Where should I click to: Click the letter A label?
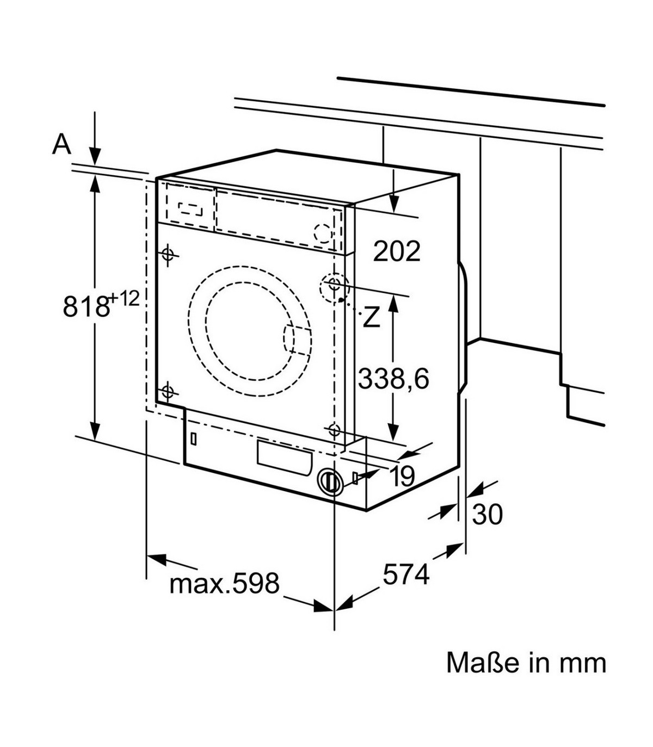click(x=62, y=144)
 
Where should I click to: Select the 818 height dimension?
click(x=85, y=306)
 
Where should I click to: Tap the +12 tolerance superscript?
click(x=124, y=298)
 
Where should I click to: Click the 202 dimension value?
click(x=397, y=251)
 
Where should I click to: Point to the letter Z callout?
click(x=371, y=317)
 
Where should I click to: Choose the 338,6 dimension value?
click(x=393, y=378)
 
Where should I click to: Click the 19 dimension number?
click(x=402, y=477)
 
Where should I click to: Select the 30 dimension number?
click(x=487, y=515)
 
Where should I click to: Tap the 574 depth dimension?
click(x=406, y=574)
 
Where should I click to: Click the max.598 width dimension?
click(x=224, y=583)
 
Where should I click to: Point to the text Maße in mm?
click(x=526, y=663)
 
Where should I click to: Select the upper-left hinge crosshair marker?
click(x=168, y=254)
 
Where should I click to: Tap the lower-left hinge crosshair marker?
click(x=167, y=391)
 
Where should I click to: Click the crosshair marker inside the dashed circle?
click(x=334, y=283)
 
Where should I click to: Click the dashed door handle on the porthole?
click(x=297, y=339)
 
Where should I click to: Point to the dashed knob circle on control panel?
click(x=322, y=233)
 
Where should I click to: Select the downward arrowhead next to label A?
click(x=95, y=156)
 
